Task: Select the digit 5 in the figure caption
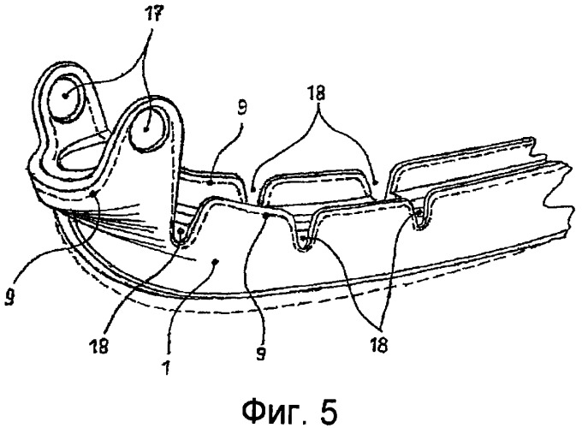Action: point(329,411)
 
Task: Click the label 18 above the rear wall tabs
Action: point(316,93)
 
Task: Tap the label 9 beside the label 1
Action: point(260,353)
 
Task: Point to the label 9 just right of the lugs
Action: point(241,108)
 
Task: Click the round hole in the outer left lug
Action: point(67,98)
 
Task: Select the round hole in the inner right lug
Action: point(145,128)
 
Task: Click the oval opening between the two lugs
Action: point(85,155)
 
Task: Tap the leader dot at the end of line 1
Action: point(215,262)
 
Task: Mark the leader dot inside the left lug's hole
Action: point(65,95)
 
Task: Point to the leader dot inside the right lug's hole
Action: point(146,129)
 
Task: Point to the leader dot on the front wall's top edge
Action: point(266,216)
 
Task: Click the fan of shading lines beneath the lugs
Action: point(111,219)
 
